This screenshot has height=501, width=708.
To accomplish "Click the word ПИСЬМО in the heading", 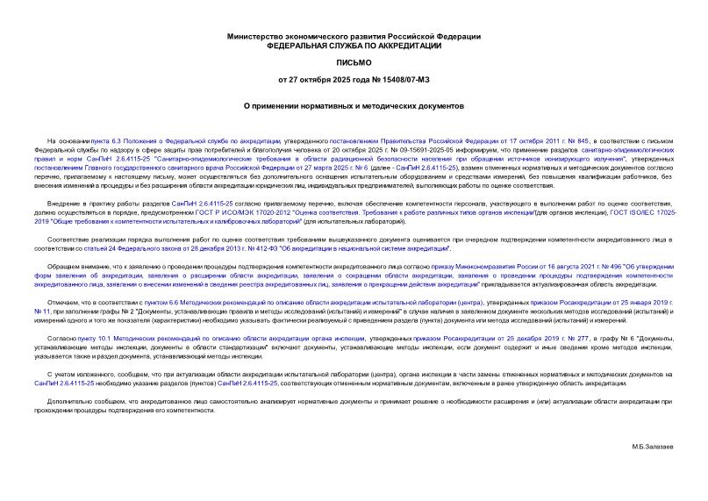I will tap(354, 63).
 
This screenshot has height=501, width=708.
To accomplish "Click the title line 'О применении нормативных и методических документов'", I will tap(354, 104).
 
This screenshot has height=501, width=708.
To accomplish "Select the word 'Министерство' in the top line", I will tap(254, 35).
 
